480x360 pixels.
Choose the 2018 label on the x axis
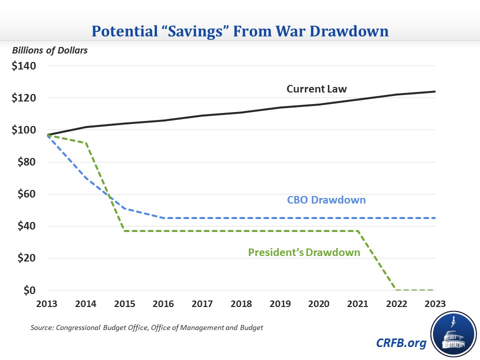pos(241,304)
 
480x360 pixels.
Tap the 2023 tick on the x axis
pos(434,304)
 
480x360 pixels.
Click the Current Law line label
pos(316,89)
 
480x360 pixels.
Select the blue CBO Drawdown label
pos(326,200)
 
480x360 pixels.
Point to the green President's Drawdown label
pos(304,252)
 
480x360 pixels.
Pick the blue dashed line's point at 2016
pos(164,218)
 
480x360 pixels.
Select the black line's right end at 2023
pos(435,91)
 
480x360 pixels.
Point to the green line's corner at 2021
pos(357,231)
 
